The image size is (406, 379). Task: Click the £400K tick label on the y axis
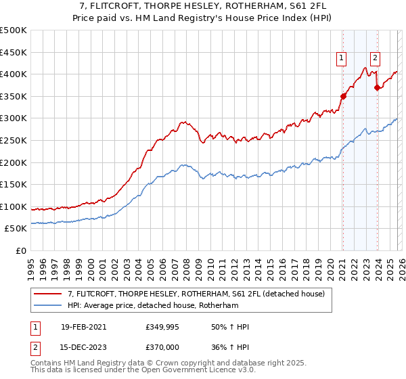coord(14,74)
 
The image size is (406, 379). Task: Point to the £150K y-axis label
coord(14,184)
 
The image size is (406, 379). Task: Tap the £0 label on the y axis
coord(22,250)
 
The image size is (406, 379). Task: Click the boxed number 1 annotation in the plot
coord(342,58)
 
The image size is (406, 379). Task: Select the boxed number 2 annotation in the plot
coord(375,58)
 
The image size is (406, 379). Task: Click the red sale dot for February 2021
coord(343,96)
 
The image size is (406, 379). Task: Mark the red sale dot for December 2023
coord(377,87)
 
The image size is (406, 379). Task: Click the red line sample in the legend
coord(48,294)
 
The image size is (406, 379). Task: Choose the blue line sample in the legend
coord(48,305)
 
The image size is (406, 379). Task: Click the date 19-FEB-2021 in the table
coord(84,327)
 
